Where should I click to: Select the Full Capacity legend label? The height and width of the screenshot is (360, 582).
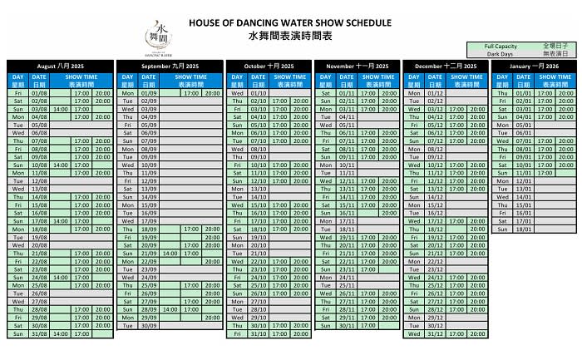(x=501, y=47)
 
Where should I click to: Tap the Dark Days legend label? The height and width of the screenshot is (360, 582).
(x=501, y=54)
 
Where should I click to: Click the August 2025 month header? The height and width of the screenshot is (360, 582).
(x=61, y=65)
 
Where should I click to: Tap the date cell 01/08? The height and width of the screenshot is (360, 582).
(x=39, y=93)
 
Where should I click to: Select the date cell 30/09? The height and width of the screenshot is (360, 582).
(x=149, y=325)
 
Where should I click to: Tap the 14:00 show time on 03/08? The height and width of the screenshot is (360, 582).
(x=60, y=109)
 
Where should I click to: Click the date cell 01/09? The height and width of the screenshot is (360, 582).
(x=149, y=93)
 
